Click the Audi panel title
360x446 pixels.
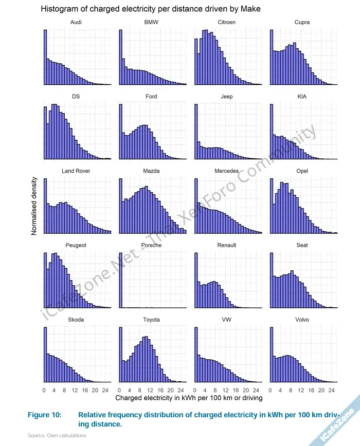tap(76, 22)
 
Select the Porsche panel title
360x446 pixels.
tap(151, 245)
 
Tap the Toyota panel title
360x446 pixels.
tap(151, 320)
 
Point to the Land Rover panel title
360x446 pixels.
tap(76, 171)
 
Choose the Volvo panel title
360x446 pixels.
tap(302, 320)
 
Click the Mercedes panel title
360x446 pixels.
tap(227, 171)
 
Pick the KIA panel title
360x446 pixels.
tap(302, 97)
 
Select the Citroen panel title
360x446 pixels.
tap(227, 22)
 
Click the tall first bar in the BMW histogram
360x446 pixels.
tap(120, 57)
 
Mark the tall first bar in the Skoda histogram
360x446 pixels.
tap(45, 355)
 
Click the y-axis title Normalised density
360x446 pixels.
tap(34, 206)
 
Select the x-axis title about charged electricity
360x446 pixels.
tap(189, 398)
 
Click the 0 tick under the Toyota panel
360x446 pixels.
tap(119, 390)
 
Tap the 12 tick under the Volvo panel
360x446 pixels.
tap(300, 390)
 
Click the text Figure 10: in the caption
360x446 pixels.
tap(44, 415)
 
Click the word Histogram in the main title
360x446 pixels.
tap(59, 9)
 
